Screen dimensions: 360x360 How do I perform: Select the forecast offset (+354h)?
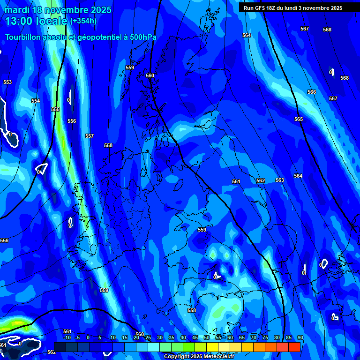click(83, 21)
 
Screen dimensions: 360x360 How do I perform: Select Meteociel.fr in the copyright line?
click(216, 357)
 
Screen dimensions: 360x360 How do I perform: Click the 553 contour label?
click(7, 82)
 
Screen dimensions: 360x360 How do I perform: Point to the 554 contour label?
click(36, 101)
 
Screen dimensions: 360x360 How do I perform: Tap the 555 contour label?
click(55, 109)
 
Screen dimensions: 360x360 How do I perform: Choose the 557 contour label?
click(90, 136)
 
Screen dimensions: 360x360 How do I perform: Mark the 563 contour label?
click(280, 180)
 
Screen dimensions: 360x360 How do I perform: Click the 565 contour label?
click(299, 119)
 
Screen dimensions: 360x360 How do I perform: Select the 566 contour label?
click(312, 92)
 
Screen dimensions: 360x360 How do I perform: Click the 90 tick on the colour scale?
click(300, 337)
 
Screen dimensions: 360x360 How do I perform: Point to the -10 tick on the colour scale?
click(67, 337)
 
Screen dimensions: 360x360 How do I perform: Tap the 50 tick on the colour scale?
click(207, 337)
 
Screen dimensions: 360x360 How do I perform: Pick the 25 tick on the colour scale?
click(148, 337)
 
